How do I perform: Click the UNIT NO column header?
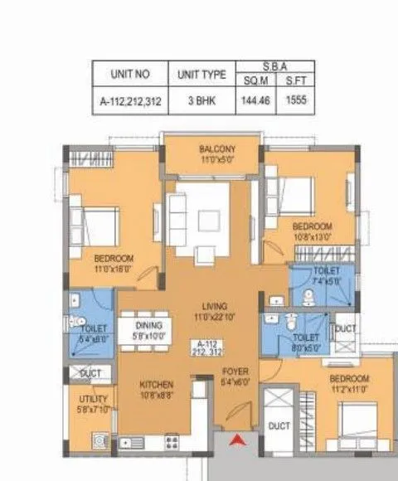129,74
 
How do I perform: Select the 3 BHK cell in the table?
201,103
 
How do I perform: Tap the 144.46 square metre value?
257,103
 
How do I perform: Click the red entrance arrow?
236,441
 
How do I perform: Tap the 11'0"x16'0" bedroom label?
114,263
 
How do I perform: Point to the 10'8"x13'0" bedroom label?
312,231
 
